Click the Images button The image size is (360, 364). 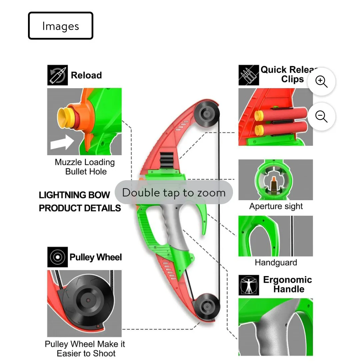click(x=60, y=26)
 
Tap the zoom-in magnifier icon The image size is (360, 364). click(x=321, y=81)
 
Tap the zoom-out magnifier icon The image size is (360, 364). click(x=321, y=117)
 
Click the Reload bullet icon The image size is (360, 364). click(x=57, y=75)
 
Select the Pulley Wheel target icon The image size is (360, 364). click(x=57, y=257)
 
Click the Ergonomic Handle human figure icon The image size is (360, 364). click(x=249, y=285)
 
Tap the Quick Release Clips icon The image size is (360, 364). click(x=249, y=75)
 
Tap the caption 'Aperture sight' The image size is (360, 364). click(x=276, y=206)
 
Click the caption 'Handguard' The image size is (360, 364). click(x=276, y=262)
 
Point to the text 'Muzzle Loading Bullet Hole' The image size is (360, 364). click(x=85, y=167)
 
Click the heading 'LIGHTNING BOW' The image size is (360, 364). click(x=74, y=195)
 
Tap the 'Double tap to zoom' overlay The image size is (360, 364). click(x=174, y=192)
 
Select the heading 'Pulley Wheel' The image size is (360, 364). click(x=96, y=257)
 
